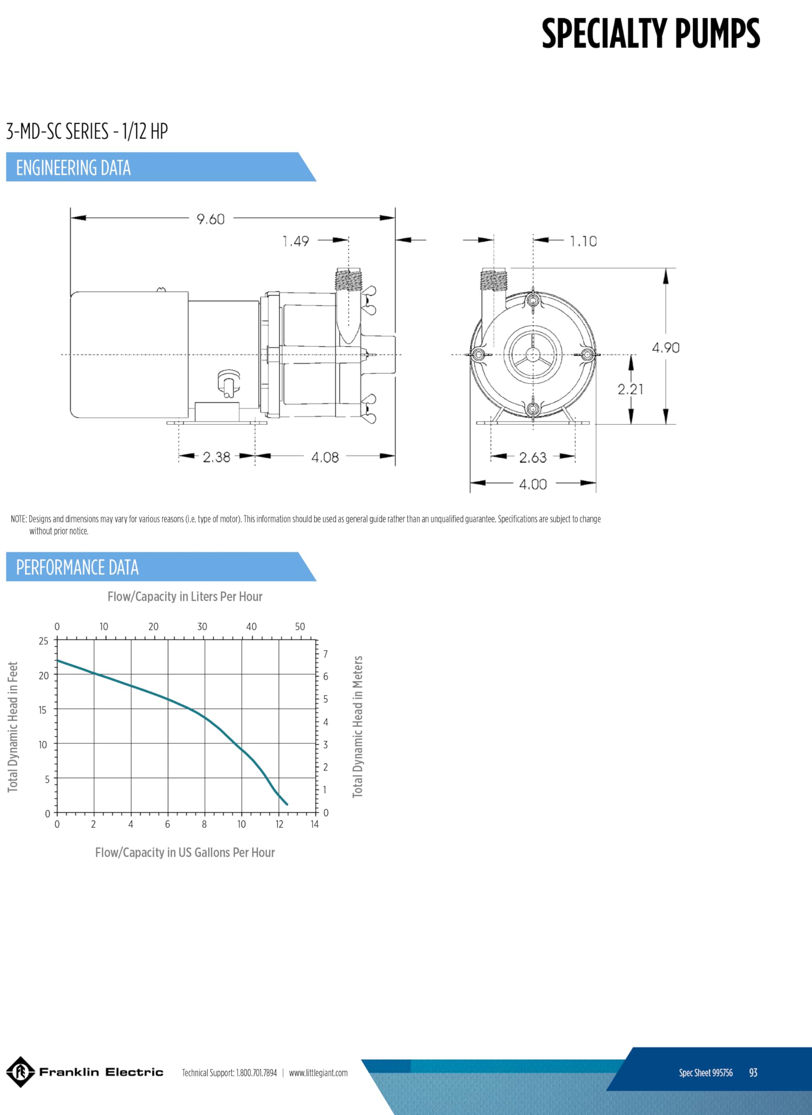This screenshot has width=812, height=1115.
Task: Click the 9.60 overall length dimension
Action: pos(211,219)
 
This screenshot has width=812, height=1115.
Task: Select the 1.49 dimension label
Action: pos(296,241)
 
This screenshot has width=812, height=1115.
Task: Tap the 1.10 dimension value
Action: pos(583,241)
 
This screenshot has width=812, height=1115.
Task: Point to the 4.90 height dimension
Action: pos(666,348)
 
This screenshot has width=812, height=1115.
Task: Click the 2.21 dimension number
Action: pos(631,389)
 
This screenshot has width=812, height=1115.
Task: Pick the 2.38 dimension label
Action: pos(216,457)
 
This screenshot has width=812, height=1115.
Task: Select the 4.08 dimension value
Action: pos(325,458)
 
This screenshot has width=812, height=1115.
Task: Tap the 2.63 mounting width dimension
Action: pos(533,458)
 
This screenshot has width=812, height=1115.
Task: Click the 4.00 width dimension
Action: pos(533,484)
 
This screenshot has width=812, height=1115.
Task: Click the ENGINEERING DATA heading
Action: pos(73,168)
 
